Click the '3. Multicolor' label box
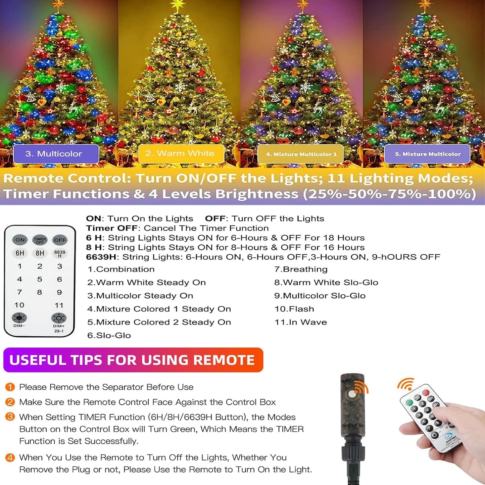pyautogui.click(x=56, y=153)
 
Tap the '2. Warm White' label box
pyautogui.click(x=181, y=153)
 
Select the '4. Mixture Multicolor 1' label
pyautogui.click(x=300, y=154)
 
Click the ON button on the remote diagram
pyautogui.click(x=20, y=240)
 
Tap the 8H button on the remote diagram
pyautogui.click(x=40, y=253)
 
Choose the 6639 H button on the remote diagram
pyautogui.click(x=60, y=253)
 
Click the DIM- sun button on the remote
pyautogui.click(x=19, y=318)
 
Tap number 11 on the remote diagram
pyautogui.click(x=59, y=305)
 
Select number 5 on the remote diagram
pyautogui.click(x=40, y=279)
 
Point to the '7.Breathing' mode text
pyautogui.click(x=301, y=269)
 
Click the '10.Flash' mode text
pyautogui.click(x=294, y=309)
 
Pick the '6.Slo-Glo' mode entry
pyautogui.click(x=109, y=335)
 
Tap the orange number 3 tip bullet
pyautogui.click(x=10, y=417)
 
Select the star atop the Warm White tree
pyautogui.click(x=178, y=5)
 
